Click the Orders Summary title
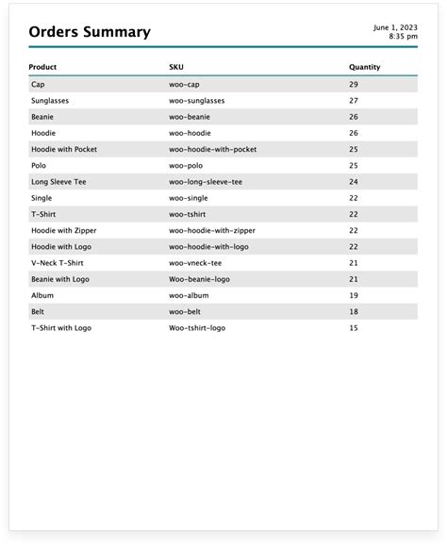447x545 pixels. (90, 32)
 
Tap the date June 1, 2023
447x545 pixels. (396, 27)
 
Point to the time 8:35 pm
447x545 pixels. (403, 37)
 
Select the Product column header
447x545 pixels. (43, 68)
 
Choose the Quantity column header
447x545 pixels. (364, 68)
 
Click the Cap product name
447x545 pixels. (38, 85)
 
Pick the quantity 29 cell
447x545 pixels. (354, 85)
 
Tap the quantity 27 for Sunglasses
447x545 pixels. (354, 101)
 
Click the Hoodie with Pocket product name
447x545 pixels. (64, 149)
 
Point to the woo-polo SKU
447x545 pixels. (187, 166)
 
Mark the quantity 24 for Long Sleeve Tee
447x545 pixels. (354, 182)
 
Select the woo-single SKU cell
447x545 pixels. (189, 198)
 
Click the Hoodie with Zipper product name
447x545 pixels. (64, 230)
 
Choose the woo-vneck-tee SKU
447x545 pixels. (195, 263)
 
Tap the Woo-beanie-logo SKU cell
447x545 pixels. (198, 279)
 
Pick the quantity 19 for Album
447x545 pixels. (354, 295)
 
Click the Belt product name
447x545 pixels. (38, 311)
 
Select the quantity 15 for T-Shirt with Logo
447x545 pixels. (354, 328)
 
